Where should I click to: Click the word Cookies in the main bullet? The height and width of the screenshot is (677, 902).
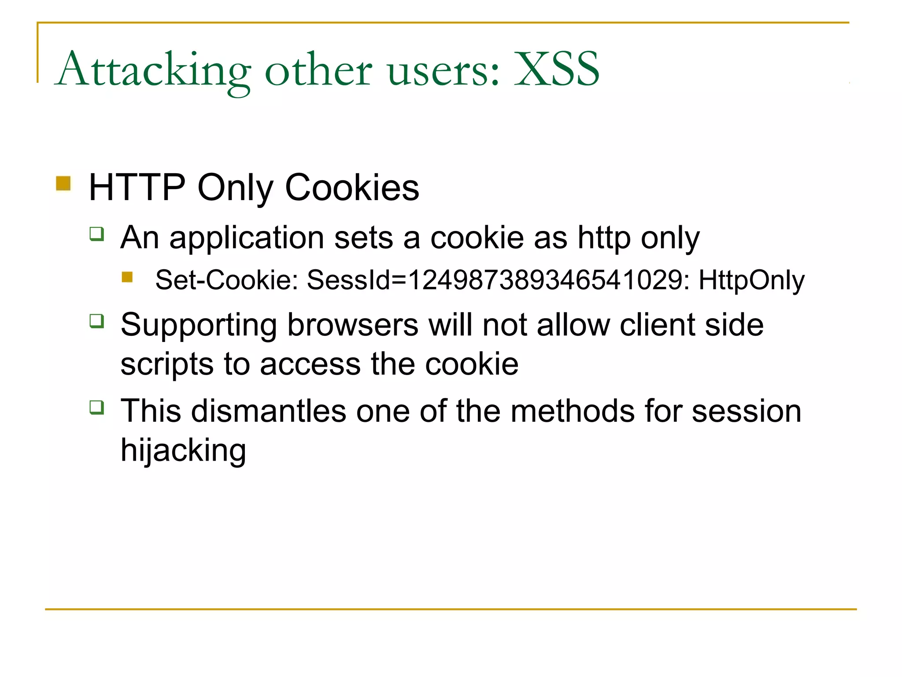352,188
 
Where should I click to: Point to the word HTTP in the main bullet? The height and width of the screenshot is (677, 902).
137,188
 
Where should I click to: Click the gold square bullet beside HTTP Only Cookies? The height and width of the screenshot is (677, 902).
63,183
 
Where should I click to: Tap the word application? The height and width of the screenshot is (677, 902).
247,238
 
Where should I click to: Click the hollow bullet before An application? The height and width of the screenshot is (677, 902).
96,233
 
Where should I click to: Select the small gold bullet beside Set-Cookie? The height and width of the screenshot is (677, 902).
127,277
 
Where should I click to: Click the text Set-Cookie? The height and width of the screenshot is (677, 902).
227,280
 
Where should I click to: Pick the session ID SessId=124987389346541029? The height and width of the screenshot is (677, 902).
498,280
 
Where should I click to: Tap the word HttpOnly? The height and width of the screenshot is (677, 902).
751,280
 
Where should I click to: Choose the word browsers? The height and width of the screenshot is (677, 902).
353,325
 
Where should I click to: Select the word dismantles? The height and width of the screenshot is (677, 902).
269,411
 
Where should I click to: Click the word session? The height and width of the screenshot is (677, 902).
746,411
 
